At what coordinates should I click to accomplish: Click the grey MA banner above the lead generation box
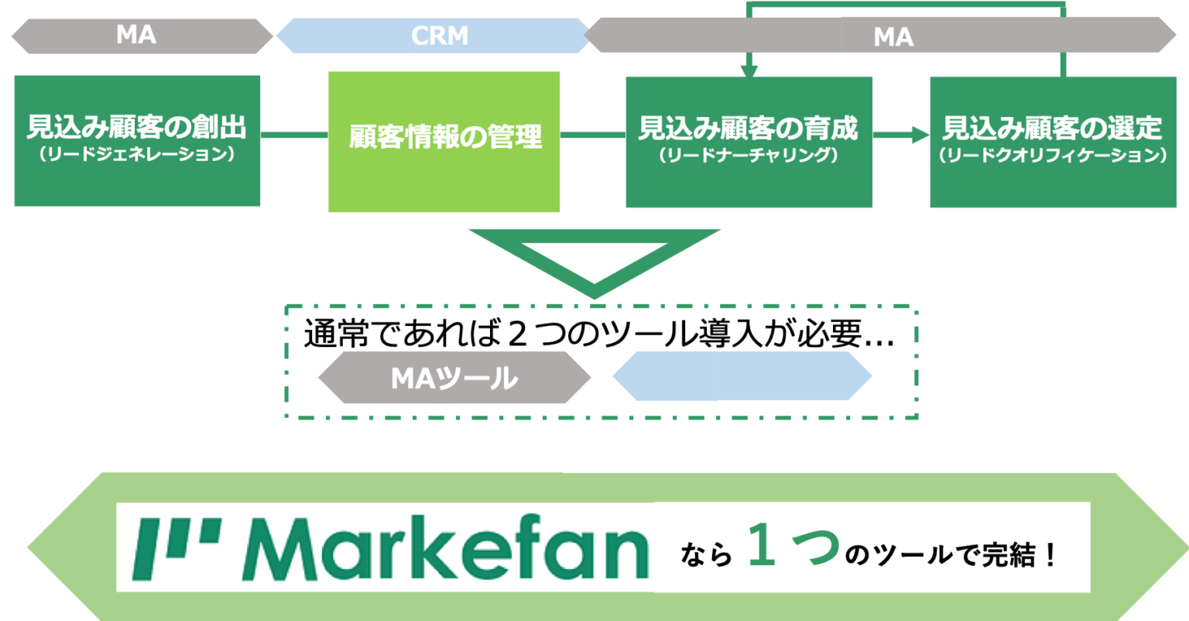(x=142, y=36)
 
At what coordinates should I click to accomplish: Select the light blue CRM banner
(x=434, y=36)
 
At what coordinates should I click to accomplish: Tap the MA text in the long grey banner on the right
(x=893, y=36)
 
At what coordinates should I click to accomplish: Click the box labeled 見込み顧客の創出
(x=137, y=141)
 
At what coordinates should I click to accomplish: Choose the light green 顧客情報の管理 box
(x=444, y=142)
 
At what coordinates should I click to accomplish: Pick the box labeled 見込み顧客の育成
(x=749, y=142)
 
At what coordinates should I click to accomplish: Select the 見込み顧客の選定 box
(x=1053, y=142)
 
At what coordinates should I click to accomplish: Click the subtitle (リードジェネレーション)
(x=137, y=154)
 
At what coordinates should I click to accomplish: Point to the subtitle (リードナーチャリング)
(x=749, y=155)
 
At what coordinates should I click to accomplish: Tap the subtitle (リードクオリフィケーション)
(x=1053, y=155)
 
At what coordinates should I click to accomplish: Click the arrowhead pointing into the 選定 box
(x=921, y=135)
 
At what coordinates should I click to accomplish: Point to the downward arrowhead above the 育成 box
(x=749, y=72)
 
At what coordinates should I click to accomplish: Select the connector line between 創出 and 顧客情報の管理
(x=294, y=135)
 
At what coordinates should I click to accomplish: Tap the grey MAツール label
(x=454, y=377)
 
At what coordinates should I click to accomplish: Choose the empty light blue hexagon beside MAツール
(x=742, y=376)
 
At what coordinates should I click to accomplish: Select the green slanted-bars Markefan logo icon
(x=176, y=548)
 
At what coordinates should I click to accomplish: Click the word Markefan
(x=446, y=547)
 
